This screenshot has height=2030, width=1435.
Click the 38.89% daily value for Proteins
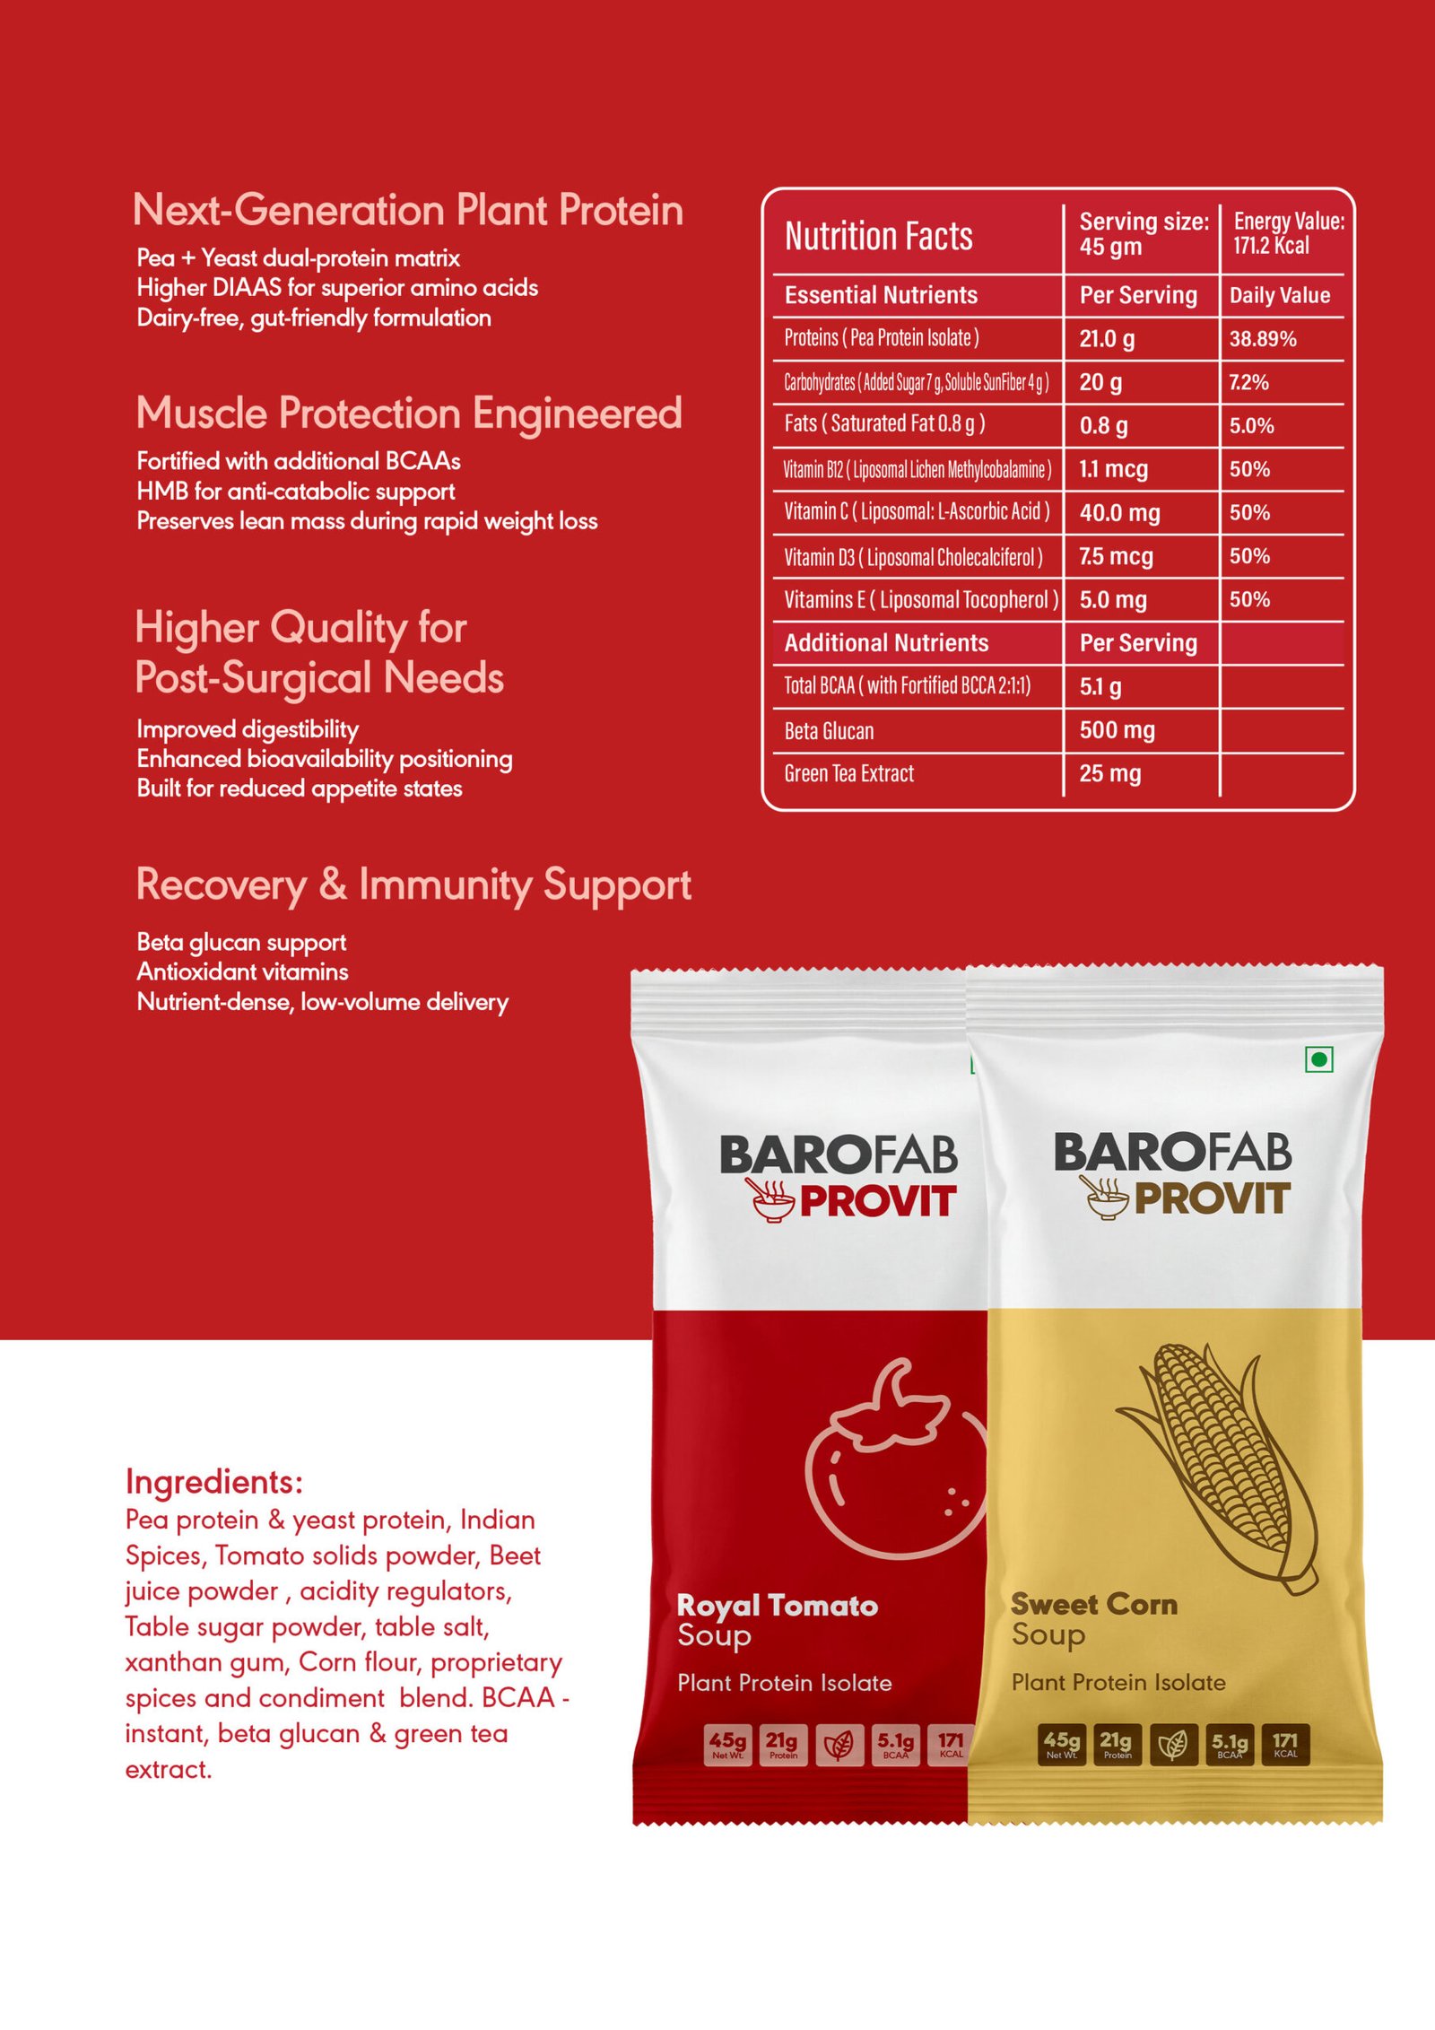1262,339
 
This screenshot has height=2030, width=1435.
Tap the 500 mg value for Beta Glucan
1117,730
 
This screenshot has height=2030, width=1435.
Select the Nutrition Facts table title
878,237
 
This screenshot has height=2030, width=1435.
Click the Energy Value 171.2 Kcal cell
1288,233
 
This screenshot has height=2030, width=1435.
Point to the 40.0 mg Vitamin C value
1119,513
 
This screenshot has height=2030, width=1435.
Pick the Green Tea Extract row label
848,773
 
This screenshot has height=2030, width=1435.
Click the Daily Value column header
1279,295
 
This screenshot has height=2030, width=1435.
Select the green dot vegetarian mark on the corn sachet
1318,1059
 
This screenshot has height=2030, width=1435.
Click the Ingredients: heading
214,1482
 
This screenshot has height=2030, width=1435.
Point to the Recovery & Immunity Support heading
413,884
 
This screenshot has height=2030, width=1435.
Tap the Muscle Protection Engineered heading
409,414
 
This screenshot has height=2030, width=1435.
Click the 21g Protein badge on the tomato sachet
782,1744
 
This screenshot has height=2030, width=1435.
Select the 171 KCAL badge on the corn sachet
1285,1744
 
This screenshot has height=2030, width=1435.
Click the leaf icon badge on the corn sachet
1173,1744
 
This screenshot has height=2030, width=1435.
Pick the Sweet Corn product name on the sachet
1093,1604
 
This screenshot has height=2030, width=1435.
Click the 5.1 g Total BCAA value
1100,687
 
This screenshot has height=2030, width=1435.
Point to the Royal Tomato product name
777,1606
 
